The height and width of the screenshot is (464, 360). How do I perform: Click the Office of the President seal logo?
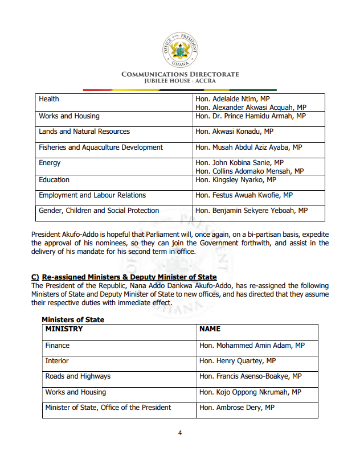(180, 50)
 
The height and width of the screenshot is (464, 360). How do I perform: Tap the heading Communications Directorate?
(180, 75)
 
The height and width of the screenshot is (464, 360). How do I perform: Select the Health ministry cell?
(49, 99)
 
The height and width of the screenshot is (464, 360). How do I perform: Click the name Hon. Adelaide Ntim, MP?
(232, 99)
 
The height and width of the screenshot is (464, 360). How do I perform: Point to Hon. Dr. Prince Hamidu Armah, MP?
(251, 116)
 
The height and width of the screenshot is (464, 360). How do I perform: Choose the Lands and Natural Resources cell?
(84, 132)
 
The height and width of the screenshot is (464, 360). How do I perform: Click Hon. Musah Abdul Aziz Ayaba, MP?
(248, 147)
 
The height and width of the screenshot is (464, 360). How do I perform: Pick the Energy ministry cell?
(50, 163)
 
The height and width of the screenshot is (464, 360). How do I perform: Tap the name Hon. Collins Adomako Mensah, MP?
(249, 171)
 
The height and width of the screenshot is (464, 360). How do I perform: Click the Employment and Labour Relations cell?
(92, 195)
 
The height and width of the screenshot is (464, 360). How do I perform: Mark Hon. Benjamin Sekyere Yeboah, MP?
(251, 211)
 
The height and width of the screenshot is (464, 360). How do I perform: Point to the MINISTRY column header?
(64, 329)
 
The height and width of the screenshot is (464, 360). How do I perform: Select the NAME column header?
(210, 329)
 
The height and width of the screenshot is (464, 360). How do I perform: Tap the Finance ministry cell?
(58, 346)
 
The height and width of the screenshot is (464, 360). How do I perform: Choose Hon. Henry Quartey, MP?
(238, 361)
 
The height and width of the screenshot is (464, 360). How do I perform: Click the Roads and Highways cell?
(78, 376)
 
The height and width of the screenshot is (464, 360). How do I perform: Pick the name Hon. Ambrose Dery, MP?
(237, 408)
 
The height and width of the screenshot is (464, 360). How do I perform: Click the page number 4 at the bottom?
(180, 433)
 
